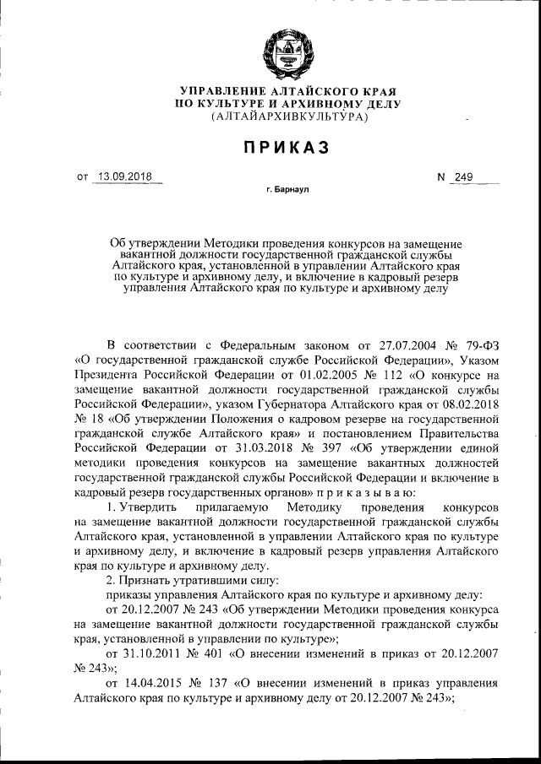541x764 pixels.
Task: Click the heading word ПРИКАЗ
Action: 280,147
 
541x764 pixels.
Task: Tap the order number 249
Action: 463,177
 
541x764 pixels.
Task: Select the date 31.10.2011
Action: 150,653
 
